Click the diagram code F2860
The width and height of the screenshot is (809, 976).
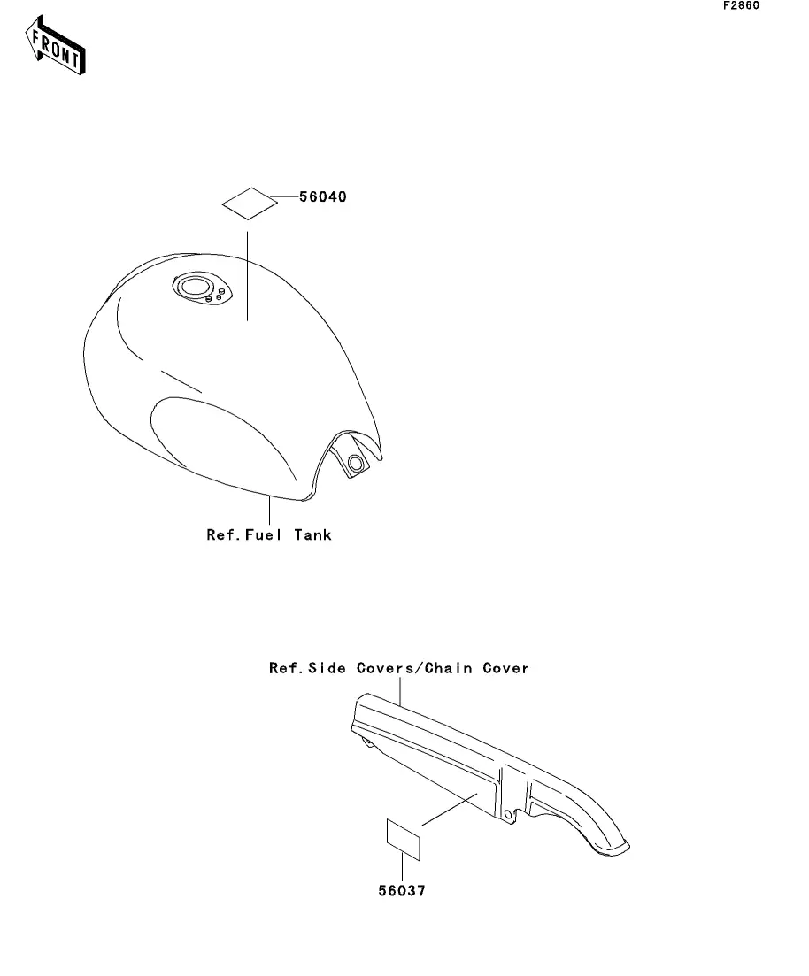pos(741,5)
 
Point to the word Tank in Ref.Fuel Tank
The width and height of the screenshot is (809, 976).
pos(314,534)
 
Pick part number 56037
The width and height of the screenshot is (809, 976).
pos(402,892)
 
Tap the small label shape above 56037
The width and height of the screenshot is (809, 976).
pos(402,839)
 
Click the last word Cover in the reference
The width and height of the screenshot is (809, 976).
pos(505,668)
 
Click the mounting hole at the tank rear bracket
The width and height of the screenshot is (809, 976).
pos(355,463)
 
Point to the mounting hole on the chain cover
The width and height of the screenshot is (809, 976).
pos(507,814)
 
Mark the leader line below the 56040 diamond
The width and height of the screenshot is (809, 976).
pos(247,274)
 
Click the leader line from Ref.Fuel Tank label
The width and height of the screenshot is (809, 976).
pos(268,511)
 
